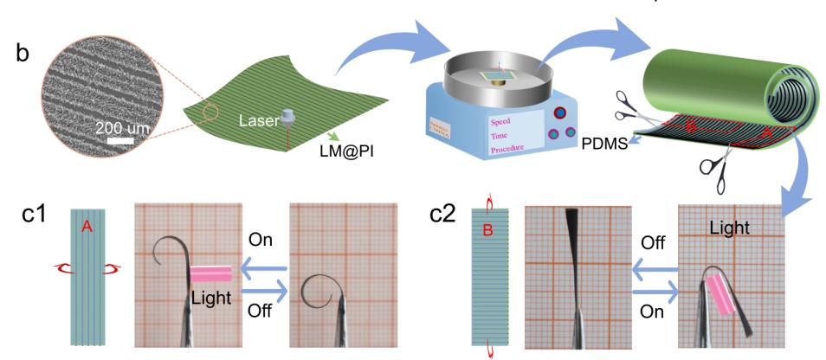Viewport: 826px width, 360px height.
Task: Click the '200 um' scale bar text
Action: pyautogui.click(x=123, y=127)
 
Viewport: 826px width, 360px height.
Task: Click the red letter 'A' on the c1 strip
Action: pyautogui.click(x=86, y=227)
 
